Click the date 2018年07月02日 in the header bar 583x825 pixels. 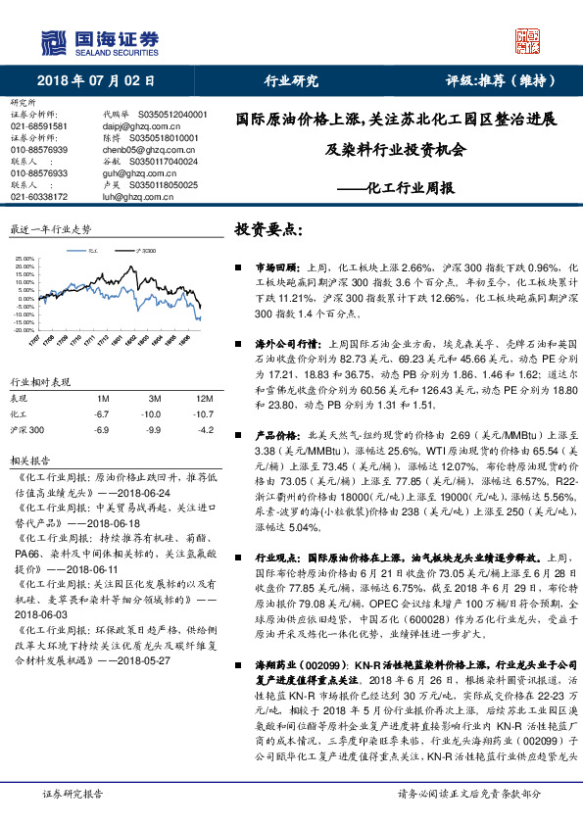(x=98, y=80)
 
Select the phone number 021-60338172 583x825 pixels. (x=38, y=196)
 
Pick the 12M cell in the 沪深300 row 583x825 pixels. (x=204, y=429)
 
